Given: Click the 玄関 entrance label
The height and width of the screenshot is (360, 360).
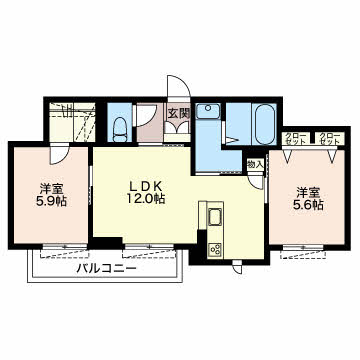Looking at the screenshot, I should click(x=179, y=113).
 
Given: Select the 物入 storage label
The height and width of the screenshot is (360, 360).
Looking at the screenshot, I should click(x=255, y=164).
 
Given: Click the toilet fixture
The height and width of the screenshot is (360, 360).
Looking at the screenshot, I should click(x=119, y=125).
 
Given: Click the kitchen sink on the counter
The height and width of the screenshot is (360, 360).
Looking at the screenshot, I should click(x=213, y=218).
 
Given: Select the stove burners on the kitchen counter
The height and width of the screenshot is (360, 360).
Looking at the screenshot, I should click(x=213, y=248).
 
